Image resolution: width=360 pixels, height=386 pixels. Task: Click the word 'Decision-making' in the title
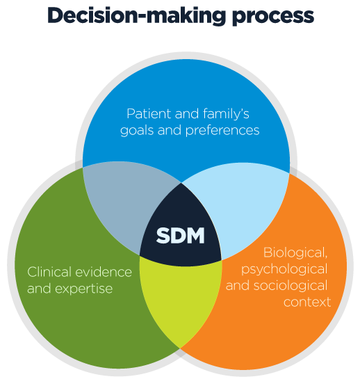(137, 16)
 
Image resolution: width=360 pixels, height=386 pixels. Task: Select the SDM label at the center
(181, 236)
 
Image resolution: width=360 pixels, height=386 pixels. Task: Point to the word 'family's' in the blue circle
(226, 115)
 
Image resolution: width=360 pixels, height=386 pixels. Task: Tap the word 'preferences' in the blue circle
(222, 131)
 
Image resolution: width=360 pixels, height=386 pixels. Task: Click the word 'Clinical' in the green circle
(49, 272)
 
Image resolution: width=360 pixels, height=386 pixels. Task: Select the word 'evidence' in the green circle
(104, 272)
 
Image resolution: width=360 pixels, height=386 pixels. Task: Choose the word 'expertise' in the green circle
(83, 289)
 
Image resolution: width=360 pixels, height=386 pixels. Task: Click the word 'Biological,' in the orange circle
(295, 253)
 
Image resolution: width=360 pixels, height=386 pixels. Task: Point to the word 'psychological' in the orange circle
(284, 270)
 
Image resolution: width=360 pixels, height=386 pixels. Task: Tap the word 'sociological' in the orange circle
(291, 286)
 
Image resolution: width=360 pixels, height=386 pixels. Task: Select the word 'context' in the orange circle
(307, 302)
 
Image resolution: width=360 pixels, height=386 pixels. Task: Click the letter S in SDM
(163, 236)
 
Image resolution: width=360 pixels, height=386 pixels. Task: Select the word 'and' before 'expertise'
(40, 289)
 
